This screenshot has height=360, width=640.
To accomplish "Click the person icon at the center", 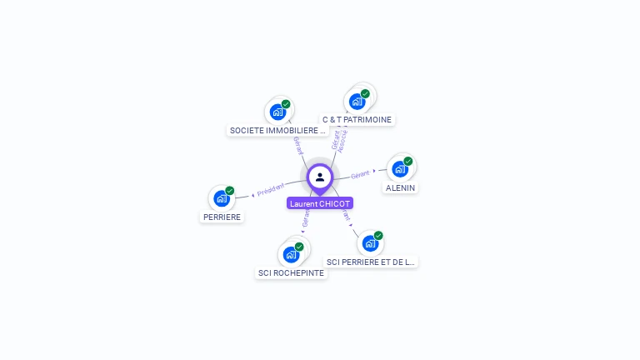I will [x=320, y=177].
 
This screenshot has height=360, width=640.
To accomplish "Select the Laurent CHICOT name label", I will [x=320, y=203].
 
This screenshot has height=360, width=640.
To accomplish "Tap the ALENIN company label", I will [x=401, y=188].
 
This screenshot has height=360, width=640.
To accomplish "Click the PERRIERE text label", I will [x=222, y=217].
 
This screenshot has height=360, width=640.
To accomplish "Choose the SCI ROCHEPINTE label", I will [x=291, y=273].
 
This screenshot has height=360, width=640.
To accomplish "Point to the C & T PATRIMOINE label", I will [x=357, y=120].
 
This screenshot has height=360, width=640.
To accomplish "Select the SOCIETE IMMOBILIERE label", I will [x=278, y=131].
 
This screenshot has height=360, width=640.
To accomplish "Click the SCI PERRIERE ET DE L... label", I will [x=370, y=262].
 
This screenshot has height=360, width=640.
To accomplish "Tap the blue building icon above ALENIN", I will [x=400, y=169].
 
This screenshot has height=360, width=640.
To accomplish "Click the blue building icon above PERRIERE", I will [x=222, y=198].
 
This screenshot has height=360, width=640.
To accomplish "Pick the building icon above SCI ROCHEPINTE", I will [x=291, y=254].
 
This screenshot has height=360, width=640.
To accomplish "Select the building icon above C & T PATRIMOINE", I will [x=357, y=102].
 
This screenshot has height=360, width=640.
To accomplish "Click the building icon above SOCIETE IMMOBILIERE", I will [x=277, y=112].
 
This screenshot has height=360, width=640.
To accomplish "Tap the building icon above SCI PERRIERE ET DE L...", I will [x=370, y=243].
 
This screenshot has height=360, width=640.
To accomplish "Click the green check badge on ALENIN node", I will [x=408, y=161].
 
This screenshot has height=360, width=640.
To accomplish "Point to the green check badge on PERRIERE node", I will [x=230, y=190].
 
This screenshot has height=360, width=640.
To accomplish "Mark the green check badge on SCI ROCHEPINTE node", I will [x=299, y=246].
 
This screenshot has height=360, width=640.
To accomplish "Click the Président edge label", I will [x=271, y=190].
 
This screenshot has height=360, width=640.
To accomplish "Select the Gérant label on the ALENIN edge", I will [x=360, y=174].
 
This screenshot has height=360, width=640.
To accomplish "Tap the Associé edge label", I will [x=343, y=138].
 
